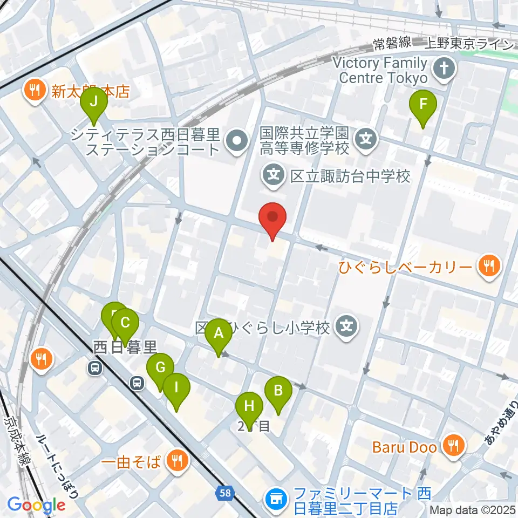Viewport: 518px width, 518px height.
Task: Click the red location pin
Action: tap(272, 217)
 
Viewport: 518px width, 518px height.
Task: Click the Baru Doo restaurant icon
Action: tap(450, 446)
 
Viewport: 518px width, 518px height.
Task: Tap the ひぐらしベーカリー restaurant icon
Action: tap(488, 265)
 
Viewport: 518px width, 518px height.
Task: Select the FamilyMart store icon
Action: tap(276, 494)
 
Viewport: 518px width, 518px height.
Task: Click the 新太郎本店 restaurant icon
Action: tap(35, 90)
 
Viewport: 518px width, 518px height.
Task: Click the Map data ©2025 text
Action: tap(473, 509)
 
